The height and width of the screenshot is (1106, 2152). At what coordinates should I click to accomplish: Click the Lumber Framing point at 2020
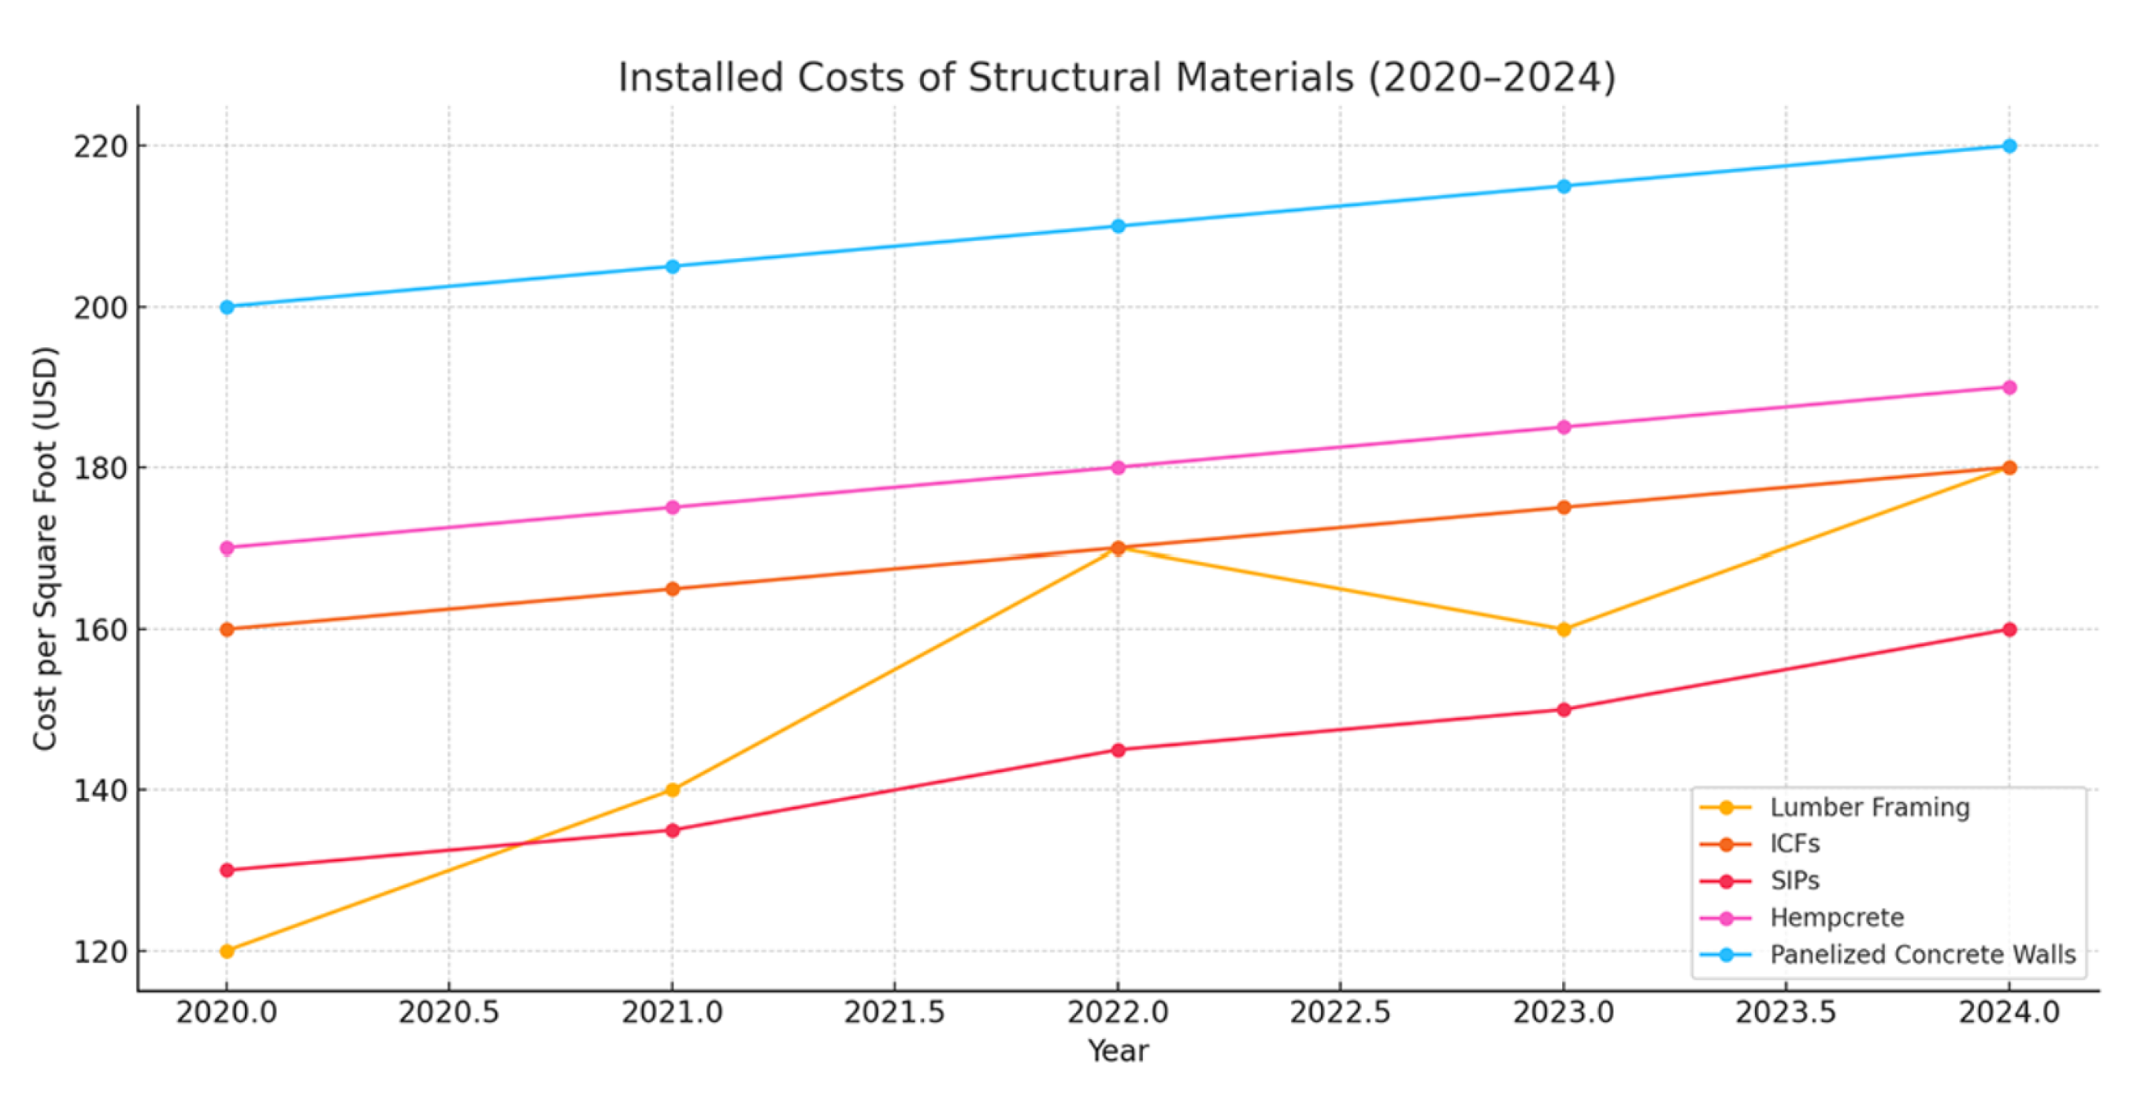[227, 951]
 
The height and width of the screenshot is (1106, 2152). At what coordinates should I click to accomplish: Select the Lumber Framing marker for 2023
[1564, 629]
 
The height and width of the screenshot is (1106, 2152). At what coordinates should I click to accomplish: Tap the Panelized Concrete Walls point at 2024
[2009, 145]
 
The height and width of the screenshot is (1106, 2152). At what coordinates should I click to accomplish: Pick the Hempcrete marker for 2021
[673, 507]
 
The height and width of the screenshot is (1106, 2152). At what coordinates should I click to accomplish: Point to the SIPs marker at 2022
[1117, 750]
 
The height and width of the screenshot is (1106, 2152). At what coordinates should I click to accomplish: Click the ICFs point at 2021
[673, 588]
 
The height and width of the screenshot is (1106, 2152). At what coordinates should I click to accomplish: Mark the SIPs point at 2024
[2009, 629]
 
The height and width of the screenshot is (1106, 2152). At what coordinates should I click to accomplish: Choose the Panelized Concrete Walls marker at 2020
[227, 306]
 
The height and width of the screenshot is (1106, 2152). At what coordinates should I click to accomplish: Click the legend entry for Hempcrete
[1836, 917]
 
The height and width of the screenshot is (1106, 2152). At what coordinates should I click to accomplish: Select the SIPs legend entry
[1793, 880]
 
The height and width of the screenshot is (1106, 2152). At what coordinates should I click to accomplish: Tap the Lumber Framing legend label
[1869, 807]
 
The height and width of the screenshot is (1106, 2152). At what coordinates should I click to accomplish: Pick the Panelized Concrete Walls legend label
[1922, 954]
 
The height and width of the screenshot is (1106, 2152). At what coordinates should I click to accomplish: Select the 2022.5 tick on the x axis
[1340, 1012]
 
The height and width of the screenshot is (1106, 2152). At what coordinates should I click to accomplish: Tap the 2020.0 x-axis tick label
[227, 1012]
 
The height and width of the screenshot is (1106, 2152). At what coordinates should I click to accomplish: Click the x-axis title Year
[1117, 1051]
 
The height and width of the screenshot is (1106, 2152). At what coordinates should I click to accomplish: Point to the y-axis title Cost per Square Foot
[45, 548]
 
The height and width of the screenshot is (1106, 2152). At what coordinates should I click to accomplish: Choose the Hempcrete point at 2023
[1564, 427]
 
